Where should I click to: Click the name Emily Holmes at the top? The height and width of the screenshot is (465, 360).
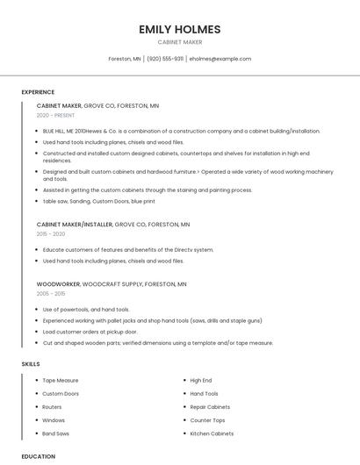tap(180, 30)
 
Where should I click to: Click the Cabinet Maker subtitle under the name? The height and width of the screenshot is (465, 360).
tap(180, 42)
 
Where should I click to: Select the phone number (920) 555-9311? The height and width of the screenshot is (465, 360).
tap(165, 59)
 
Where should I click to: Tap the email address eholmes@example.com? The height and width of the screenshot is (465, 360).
tap(220, 59)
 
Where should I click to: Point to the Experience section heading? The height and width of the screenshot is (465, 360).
tap(38, 92)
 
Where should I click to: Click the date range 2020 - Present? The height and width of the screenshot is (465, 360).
tap(55, 115)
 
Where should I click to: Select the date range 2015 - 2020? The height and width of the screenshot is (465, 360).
tap(51, 234)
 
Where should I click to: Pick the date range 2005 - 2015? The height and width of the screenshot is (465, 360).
tap(51, 294)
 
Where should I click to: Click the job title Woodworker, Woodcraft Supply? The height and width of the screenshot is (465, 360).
tap(112, 284)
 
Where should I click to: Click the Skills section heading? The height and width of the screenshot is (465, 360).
tap(31, 363)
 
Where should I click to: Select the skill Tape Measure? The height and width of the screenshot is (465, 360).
tap(61, 381)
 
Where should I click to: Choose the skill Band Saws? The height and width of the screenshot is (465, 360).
tap(55, 433)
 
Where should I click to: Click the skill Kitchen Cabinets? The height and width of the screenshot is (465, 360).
tap(212, 433)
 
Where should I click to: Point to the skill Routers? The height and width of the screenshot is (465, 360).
tap(52, 407)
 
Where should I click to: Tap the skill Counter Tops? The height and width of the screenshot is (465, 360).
tap(207, 420)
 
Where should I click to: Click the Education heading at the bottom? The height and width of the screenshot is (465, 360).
tap(39, 456)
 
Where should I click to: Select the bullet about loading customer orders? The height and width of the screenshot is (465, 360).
tap(90, 332)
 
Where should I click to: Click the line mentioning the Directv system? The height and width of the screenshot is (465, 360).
tap(128, 250)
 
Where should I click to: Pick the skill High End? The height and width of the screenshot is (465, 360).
tap(201, 381)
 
